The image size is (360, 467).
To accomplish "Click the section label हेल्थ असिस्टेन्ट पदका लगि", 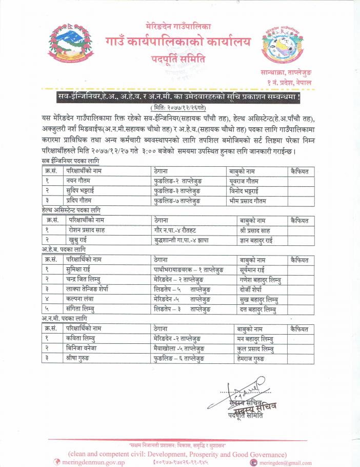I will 71,210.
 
